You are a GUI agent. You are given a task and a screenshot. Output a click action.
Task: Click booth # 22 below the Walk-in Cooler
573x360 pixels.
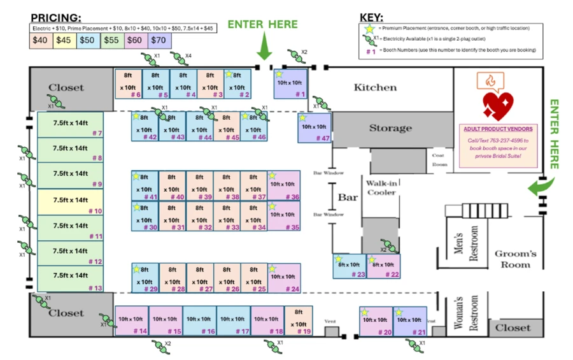[x=384, y=266]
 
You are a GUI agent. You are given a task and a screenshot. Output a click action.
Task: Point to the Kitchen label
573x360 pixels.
[x=375, y=87]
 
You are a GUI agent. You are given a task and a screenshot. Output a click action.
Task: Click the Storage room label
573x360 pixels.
[x=390, y=128]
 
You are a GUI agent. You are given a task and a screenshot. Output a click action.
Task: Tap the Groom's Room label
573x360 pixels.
[x=515, y=259]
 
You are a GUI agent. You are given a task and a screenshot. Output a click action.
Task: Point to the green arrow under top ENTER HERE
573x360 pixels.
[x=264, y=47]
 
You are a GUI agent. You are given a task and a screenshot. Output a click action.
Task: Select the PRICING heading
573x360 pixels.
[x=56, y=17]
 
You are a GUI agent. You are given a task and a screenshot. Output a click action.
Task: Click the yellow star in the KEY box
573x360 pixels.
[x=367, y=28]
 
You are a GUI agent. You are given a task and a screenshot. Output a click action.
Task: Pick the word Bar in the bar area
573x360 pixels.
[x=348, y=198]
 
